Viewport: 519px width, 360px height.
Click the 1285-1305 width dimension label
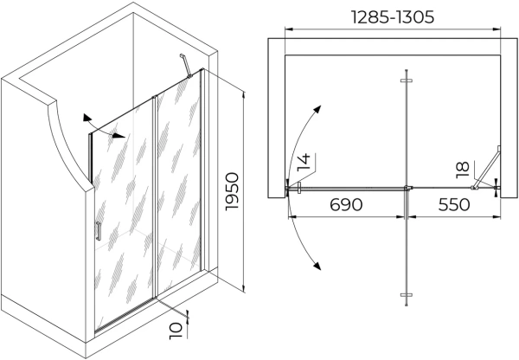[x=394, y=16]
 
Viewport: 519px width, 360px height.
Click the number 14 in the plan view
[x=304, y=162]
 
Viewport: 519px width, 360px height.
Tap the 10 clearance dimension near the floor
[x=178, y=330]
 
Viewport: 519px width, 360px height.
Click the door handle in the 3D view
[x=99, y=231]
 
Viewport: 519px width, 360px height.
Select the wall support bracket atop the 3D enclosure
[x=184, y=65]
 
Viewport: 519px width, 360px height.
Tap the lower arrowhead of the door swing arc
[x=317, y=265]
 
